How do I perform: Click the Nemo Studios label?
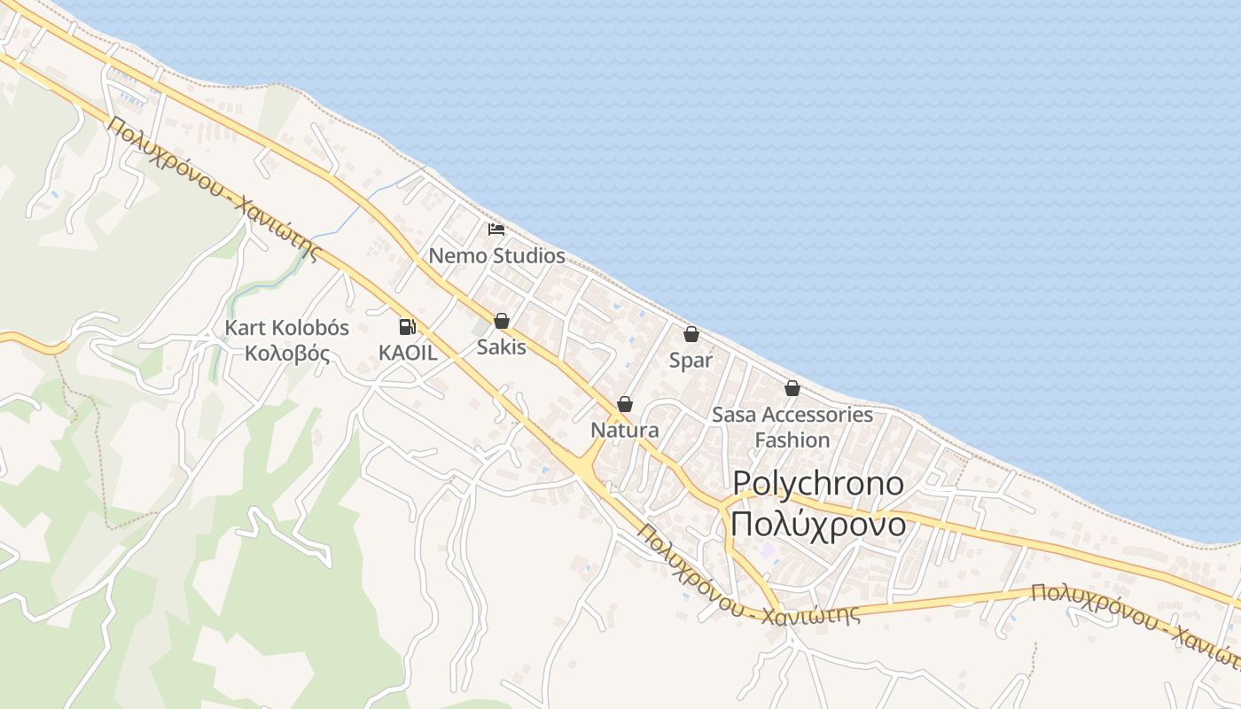tap(496, 256)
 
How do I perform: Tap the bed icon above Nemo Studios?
tap(496, 230)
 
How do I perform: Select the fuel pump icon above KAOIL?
tap(407, 326)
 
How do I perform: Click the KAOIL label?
tap(408, 352)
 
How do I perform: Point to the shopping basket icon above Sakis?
tap(502, 321)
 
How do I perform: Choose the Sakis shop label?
tap(502, 347)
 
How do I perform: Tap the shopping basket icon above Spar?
tap(691, 334)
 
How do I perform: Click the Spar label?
tap(691, 361)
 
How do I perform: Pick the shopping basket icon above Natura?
tap(625, 404)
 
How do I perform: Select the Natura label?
tap(625, 431)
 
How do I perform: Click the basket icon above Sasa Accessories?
tap(792, 388)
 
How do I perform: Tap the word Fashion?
tap(792, 440)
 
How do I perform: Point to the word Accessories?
tap(817, 414)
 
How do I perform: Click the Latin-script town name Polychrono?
tap(819, 484)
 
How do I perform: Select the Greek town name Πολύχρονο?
tap(819, 524)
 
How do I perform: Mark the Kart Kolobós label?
tap(287, 328)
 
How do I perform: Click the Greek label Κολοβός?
tap(287, 354)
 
